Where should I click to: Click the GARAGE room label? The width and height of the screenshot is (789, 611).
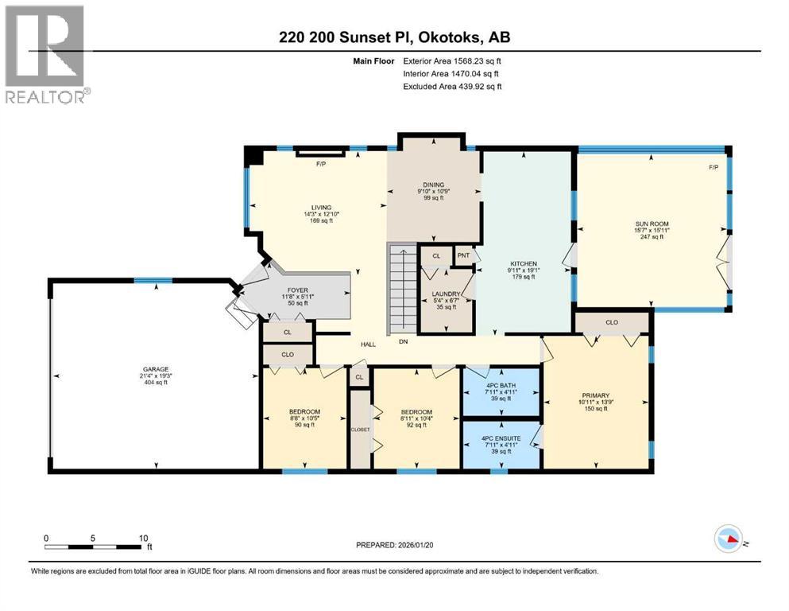click(x=154, y=368)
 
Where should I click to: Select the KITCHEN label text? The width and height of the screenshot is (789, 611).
click(x=524, y=263)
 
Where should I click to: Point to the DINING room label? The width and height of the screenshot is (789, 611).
click(x=433, y=185)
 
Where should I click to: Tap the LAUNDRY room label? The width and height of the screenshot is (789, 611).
click(x=445, y=294)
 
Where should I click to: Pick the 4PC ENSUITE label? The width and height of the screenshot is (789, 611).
click(x=501, y=438)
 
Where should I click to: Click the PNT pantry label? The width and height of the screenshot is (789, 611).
click(x=463, y=255)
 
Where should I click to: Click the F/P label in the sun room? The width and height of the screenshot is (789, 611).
click(x=713, y=168)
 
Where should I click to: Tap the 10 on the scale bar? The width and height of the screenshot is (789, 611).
click(x=144, y=538)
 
